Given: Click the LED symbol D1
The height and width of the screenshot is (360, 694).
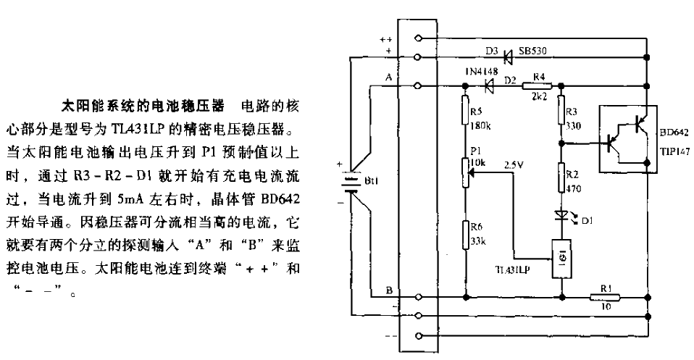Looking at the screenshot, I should click(561, 217).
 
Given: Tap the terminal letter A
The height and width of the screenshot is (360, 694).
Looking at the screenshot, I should click(389, 77).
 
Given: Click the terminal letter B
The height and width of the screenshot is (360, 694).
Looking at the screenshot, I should click(389, 289).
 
